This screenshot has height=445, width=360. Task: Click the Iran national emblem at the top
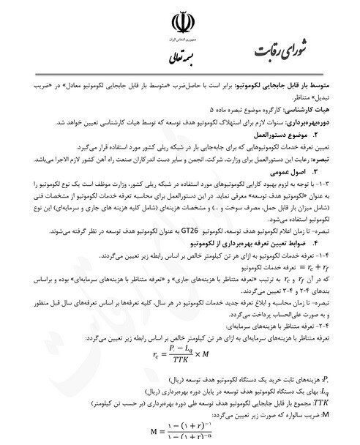pos(181,20)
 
